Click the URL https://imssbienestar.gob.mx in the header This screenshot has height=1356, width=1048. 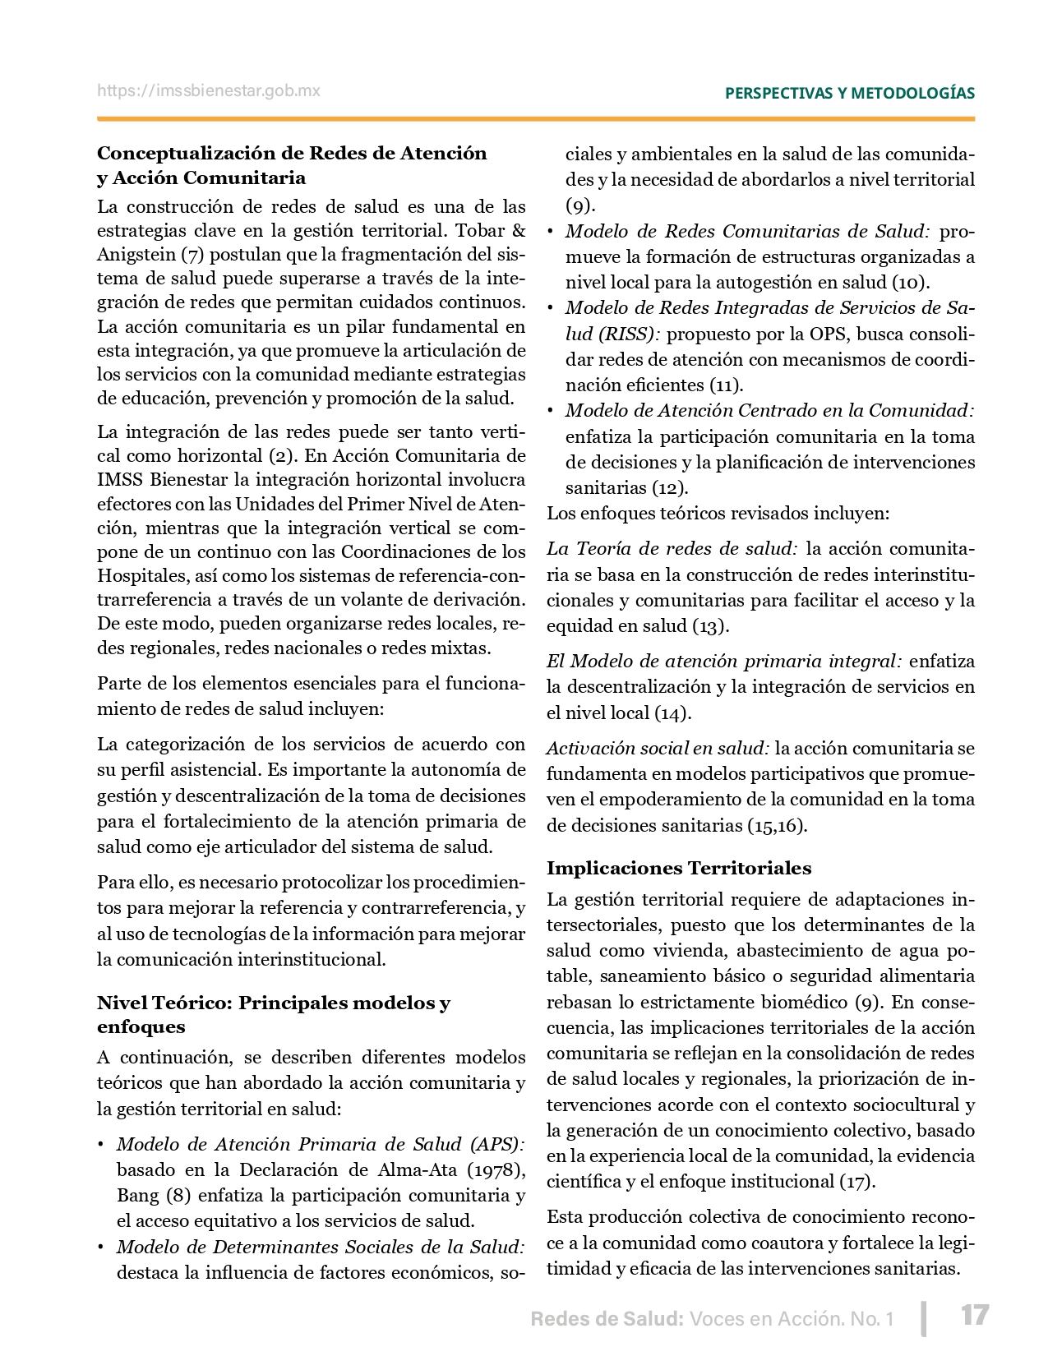[209, 91]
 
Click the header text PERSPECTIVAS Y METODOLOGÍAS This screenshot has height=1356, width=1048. [849, 93]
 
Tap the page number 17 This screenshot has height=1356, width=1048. [974, 1315]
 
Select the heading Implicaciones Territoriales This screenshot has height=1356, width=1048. [678, 868]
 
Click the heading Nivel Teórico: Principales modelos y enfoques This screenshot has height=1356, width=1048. [273, 1014]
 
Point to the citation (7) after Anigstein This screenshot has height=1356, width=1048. [192, 255]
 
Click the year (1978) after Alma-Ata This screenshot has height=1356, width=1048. [496, 1169]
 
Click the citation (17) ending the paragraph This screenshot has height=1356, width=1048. [856, 1181]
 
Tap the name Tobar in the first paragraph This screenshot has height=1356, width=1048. [480, 230]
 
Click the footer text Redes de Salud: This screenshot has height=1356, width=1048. [607, 1319]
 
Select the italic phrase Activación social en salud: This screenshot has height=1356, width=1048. [658, 748]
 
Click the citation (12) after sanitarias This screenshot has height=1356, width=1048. [669, 487]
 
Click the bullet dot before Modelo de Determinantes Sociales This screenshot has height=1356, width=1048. [101, 1248]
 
